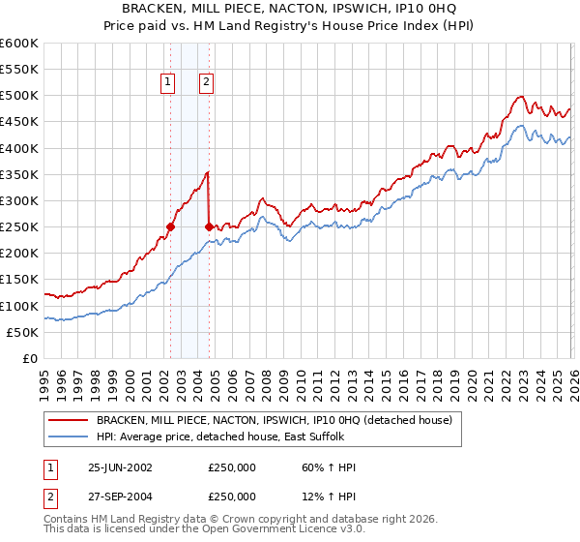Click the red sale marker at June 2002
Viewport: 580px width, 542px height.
(170, 226)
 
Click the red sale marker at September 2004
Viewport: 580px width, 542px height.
(209, 226)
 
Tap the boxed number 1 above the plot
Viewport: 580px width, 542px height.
(169, 83)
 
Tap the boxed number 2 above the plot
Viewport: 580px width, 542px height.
(207, 83)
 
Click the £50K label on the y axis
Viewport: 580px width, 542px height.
(23, 332)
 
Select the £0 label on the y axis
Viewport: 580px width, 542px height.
(30, 358)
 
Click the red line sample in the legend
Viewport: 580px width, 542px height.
(69, 420)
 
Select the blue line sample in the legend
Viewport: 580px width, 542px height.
(69, 437)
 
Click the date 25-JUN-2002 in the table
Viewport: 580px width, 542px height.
(120, 467)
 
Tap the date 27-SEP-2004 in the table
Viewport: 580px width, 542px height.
(120, 497)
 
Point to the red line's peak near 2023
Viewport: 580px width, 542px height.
(520, 97)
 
